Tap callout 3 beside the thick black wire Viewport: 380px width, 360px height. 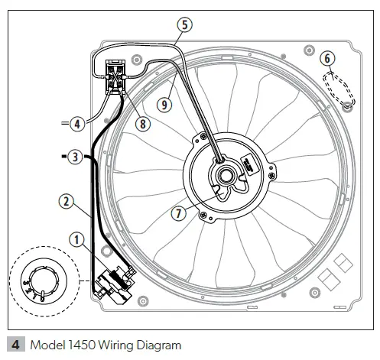(x=74, y=157)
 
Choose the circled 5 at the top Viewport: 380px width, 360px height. (x=184, y=24)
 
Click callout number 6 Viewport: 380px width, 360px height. (x=326, y=58)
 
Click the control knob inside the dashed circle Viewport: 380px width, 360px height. (x=38, y=278)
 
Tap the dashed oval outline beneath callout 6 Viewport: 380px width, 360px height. (x=338, y=88)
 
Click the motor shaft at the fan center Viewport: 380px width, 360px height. (x=227, y=173)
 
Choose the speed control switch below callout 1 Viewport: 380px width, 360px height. (x=112, y=281)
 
